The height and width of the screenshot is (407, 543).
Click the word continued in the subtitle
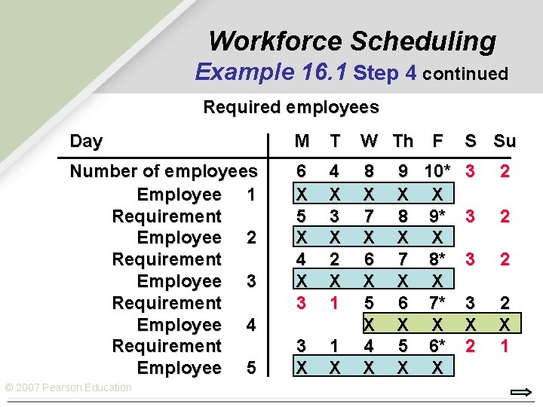[465, 74]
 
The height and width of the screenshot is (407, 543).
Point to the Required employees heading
[291, 107]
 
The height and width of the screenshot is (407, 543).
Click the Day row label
[86, 141]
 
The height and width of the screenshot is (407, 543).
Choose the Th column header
[403, 141]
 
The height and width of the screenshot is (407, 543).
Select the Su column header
[505, 141]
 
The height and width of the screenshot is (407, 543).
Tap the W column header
[369, 141]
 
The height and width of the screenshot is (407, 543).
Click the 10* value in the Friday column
[437, 172]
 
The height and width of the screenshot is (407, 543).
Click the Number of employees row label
[163, 172]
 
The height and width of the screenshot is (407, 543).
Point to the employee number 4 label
[250, 325]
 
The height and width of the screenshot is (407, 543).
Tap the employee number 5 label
[250, 369]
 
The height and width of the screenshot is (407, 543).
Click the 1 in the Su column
[505, 346]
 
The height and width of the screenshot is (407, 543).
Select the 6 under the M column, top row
[302, 172]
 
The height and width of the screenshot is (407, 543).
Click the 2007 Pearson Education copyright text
[69, 387]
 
